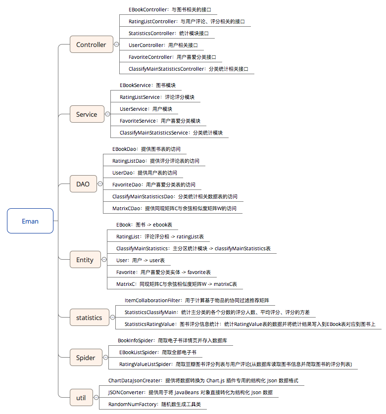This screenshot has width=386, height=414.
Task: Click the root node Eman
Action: coord(30,221)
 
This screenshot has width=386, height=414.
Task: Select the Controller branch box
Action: coord(91,45)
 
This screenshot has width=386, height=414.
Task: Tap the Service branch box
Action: coord(87,114)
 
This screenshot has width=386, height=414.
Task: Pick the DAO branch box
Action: coord(83,184)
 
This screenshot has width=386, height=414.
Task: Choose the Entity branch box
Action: coord(85,260)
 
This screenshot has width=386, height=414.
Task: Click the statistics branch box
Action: coord(89,318)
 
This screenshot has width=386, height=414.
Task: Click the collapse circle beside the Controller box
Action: coord(116,45)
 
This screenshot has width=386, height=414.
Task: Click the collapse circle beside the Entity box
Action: coord(103,260)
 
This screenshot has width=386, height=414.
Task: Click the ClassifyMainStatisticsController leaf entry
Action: coord(188,69)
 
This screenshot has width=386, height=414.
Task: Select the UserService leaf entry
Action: coord(146,109)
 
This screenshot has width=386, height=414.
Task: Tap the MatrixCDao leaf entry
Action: coord(174,209)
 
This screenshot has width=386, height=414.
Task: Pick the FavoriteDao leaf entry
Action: coord(153,185)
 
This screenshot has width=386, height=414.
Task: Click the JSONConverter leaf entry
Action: coord(190,393)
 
